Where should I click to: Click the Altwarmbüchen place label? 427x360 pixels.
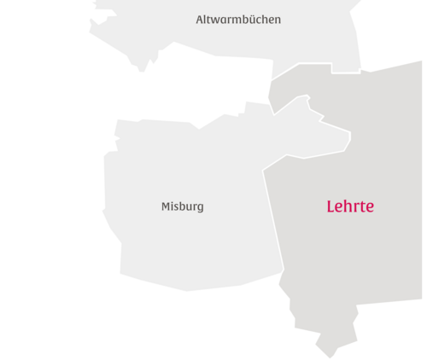238,19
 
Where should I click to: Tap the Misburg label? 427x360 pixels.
183,206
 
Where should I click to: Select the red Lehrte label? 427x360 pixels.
350,206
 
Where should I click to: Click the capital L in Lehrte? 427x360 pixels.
330,206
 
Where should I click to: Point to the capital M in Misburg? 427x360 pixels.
166,206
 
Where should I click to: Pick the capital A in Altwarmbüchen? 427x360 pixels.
199,19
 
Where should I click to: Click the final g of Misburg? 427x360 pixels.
201,208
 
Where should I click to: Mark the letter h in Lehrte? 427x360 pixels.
348,206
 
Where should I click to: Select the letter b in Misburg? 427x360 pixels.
181,206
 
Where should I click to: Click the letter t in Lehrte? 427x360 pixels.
362,206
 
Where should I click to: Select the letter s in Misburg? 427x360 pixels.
175,207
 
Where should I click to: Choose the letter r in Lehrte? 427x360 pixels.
356,207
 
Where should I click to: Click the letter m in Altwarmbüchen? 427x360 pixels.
235,20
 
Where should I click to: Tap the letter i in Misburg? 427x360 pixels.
171,206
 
